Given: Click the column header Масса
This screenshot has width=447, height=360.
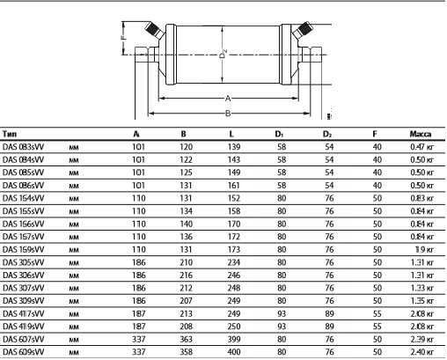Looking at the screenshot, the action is pyautogui.click(x=421, y=134).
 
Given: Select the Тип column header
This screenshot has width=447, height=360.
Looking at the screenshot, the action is pyautogui.click(x=10, y=134).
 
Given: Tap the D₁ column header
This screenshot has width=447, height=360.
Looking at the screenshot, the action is pyautogui.click(x=279, y=134).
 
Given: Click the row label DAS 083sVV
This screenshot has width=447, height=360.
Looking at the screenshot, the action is pyautogui.click(x=23, y=147).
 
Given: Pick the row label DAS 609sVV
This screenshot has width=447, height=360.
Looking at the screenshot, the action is pyautogui.click(x=23, y=352).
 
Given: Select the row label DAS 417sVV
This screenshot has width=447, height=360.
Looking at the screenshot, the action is pyautogui.click(x=23, y=313).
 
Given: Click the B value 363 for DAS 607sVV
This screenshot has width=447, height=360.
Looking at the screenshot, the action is pyautogui.click(x=186, y=339).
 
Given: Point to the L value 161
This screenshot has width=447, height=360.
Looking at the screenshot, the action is pyautogui.click(x=234, y=186).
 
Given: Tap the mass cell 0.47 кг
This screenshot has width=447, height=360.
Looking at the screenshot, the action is pyautogui.click(x=421, y=147).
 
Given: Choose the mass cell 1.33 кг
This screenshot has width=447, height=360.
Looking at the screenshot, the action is pyautogui.click(x=421, y=288).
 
